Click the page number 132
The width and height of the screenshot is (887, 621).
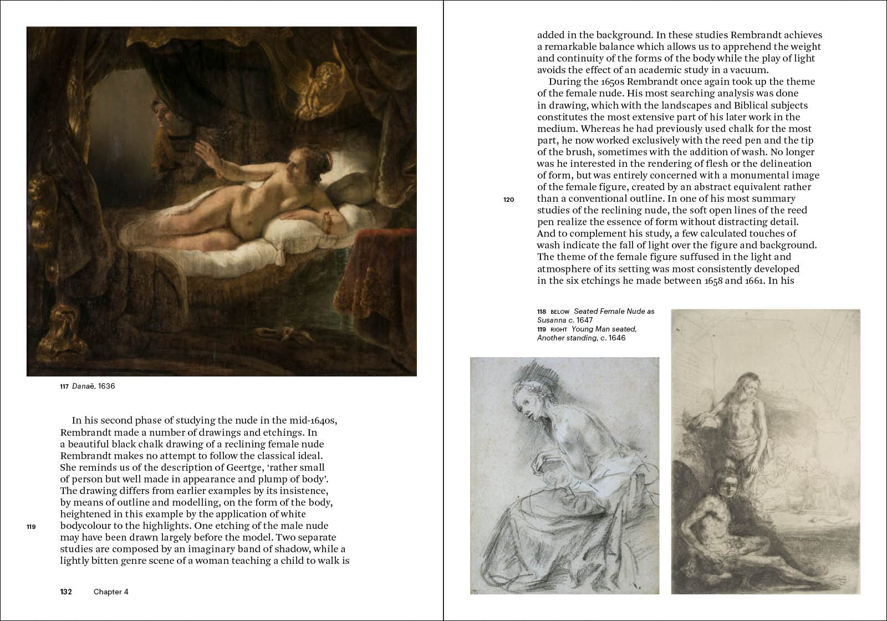pos(66,592)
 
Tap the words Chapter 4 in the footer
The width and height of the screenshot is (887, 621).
pos(111,592)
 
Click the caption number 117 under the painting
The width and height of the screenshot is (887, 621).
pos(64,386)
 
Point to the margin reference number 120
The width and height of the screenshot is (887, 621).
pos(509,200)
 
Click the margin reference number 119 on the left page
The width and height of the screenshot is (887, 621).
pos(31,527)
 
